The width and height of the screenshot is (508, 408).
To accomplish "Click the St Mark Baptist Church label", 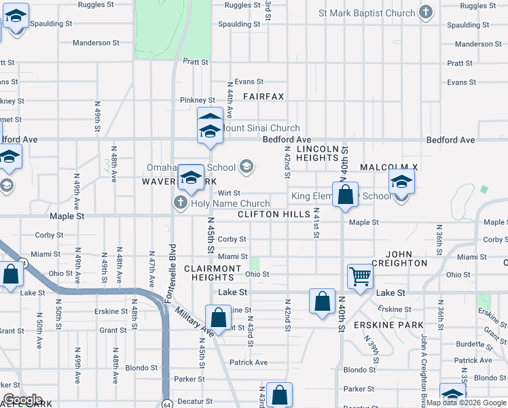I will click(x=366, y=13).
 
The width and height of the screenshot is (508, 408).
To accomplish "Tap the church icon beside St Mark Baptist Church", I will click(x=426, y=13).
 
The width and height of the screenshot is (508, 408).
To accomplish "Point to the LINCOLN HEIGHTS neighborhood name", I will click(x=317, y=153).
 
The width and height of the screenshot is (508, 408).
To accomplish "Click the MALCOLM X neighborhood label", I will click(x=388, y=167).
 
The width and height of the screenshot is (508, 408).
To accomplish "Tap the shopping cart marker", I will click(x=360, y=276).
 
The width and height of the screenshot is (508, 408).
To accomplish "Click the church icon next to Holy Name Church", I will click(x=180, y=202).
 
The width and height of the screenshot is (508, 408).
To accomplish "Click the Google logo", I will click(x=22, y=400).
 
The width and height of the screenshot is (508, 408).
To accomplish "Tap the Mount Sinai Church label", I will click(x=261, y=128).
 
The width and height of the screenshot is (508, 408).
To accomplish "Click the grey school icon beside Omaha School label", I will click(x=247, y=167).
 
